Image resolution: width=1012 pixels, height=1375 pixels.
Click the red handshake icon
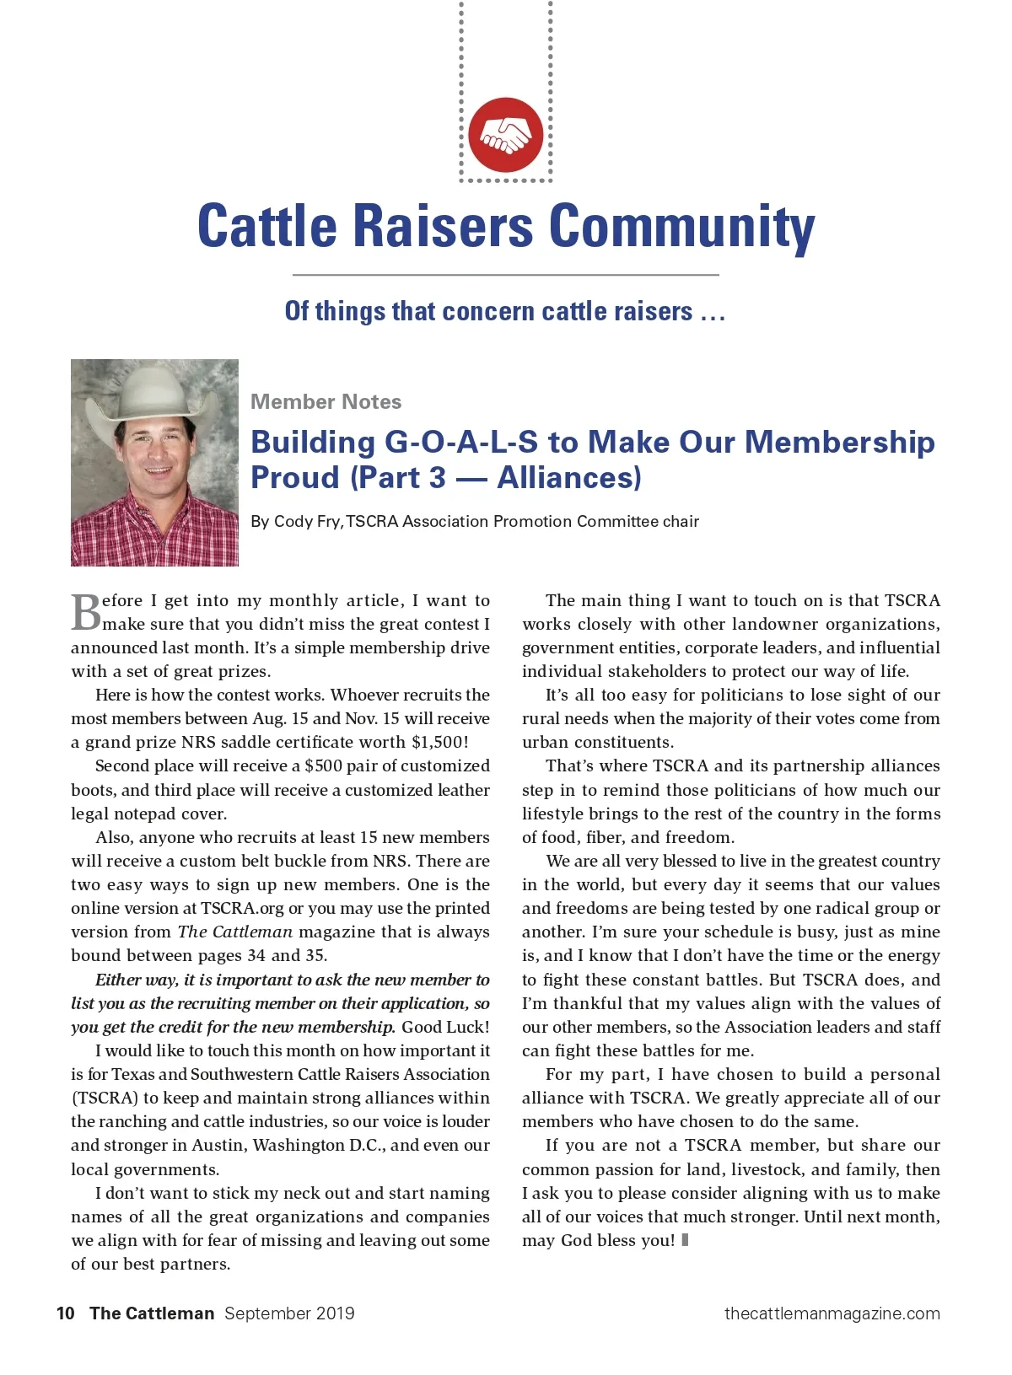point(506,135)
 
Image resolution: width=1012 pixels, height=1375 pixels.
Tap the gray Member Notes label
point(326,401)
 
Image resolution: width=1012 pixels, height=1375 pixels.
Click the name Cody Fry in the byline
point(307,521)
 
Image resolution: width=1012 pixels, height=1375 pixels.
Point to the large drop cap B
point(85,613)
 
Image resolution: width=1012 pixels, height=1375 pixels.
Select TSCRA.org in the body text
point(242,908)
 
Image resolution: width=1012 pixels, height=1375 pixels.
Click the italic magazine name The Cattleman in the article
point(235,932)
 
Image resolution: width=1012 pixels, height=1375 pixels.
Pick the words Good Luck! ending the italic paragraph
point(445,1027)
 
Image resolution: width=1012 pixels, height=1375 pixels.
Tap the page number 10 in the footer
point(66,1313)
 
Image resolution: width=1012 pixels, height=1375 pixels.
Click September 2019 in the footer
point(289,1313)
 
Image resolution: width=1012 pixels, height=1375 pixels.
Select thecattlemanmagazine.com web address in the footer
point(832,1313)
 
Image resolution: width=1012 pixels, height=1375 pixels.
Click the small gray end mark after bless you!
point(685,1240)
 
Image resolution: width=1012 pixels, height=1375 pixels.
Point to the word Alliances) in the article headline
point(569,477)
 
